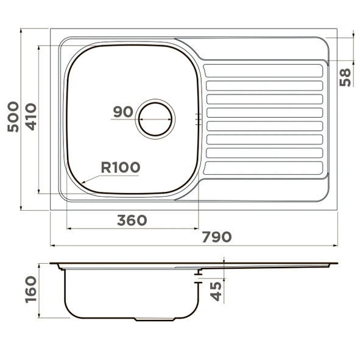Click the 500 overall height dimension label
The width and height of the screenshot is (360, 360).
13,117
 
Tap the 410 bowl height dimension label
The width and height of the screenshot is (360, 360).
31,117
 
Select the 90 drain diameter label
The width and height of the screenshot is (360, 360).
123,111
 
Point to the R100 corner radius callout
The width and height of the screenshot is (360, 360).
121,167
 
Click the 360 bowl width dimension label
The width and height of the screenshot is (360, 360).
132,220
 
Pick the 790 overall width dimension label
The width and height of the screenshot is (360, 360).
217,237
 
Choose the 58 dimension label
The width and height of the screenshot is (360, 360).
345,77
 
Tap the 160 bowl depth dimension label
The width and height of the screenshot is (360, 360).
31,290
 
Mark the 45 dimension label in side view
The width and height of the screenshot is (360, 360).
216,291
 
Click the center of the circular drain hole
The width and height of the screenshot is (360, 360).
155,119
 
